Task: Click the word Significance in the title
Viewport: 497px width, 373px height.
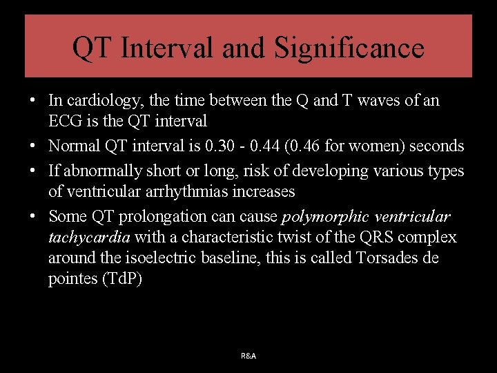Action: click(349, 48)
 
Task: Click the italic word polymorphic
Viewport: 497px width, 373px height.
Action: click(326, 216)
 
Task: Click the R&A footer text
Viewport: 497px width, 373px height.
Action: click(248, 356)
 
